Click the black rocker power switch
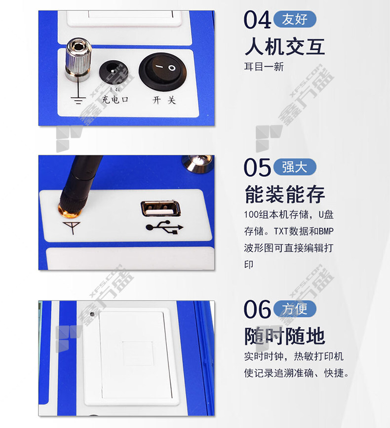163,72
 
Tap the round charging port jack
113,72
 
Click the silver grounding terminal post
78,59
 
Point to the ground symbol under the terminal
78,100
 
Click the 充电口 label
115,100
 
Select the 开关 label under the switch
164,100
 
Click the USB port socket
160,208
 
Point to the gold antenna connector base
70,211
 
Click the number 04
257,20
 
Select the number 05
257,167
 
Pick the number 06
257,309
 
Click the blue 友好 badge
295,19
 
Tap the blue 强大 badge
295,167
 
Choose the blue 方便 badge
295,309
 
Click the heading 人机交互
285,47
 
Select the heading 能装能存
285,194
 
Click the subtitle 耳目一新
264,67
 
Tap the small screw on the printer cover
92,314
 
